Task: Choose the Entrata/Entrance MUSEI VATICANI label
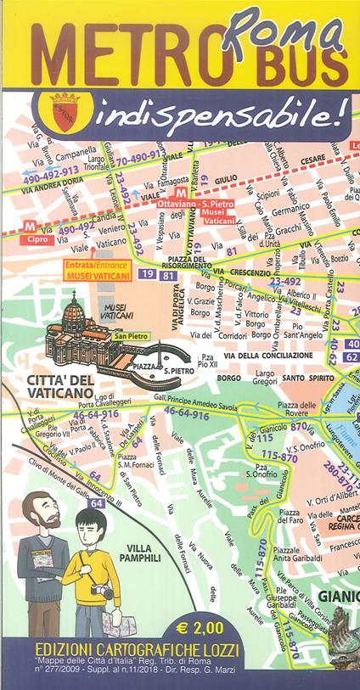(x=103, y=267)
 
